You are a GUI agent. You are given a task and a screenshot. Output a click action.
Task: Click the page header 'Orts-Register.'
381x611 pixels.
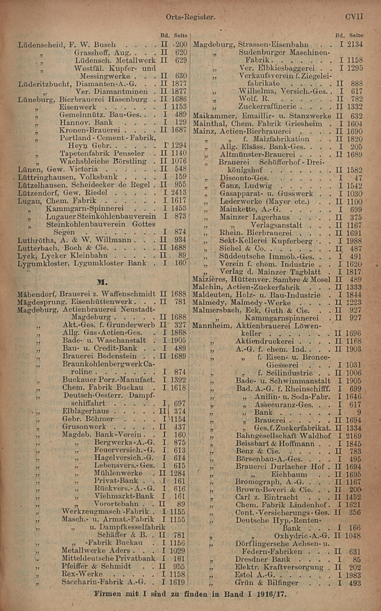(x=190, y=17)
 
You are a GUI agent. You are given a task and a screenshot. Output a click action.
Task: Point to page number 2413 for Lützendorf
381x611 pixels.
(x=179, y=192)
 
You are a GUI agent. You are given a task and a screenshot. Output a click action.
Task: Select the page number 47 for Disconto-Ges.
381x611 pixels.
(x=358, y=178)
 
